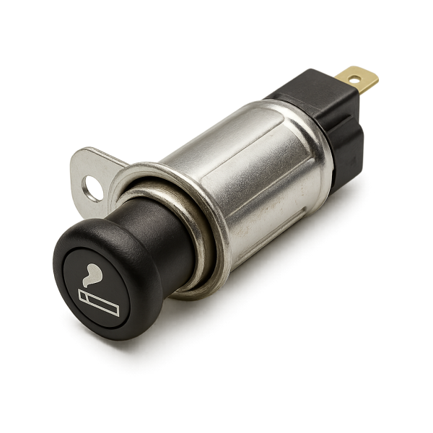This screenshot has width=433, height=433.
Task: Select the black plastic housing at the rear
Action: (318, 108)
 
